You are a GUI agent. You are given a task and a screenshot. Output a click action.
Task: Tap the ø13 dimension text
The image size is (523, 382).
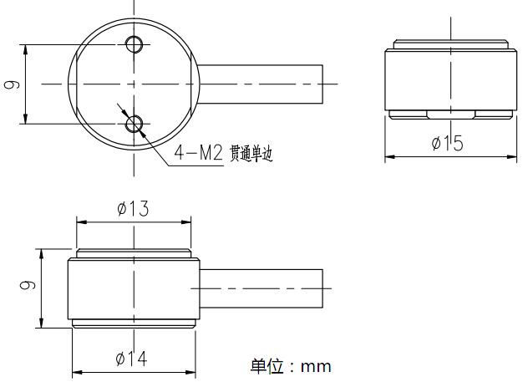coord(133,209)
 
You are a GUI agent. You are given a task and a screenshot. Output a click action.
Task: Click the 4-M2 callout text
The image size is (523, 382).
coord(199,153)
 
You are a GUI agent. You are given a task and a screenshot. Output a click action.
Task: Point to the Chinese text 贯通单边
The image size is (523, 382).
coord(251,154)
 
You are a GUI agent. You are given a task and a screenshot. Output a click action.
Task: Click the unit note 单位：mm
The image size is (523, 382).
coord(291,366)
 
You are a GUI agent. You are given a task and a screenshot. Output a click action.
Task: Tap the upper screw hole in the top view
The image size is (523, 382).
coord(134,43)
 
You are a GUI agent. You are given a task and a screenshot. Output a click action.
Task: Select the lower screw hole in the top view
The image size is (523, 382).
coord(134,125)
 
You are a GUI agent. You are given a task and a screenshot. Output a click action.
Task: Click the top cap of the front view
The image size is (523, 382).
coord(134,253)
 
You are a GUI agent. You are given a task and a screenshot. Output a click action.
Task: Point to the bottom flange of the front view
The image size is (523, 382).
coord(134,323)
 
